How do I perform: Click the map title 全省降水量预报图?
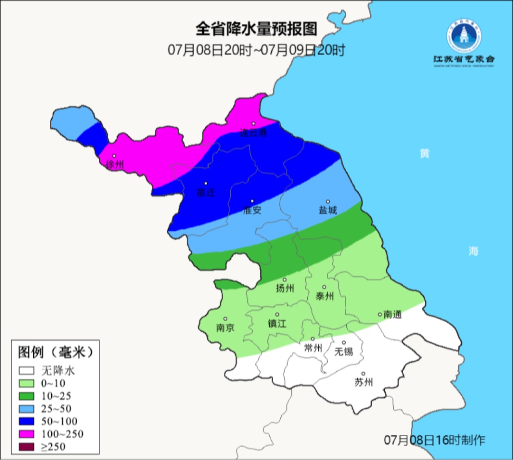coord(256,29)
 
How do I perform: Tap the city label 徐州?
coord(115,165)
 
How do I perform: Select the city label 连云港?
coord(253,133)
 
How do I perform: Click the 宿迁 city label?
coord(206,192)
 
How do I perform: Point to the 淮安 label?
coord(252,210)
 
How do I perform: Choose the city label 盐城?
coord(327,210)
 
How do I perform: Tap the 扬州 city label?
coord(285,288)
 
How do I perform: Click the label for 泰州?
coord(324,296)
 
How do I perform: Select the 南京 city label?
coord(225,328)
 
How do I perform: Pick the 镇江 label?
coord(277,323)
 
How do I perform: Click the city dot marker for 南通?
coord(380,314)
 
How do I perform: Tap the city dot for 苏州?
coord(363,374)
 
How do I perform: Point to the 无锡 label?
coord(344,351)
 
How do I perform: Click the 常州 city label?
coord(313,348)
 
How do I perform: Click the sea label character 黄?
coord(424,153)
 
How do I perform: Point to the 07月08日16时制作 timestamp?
coord(434,440)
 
